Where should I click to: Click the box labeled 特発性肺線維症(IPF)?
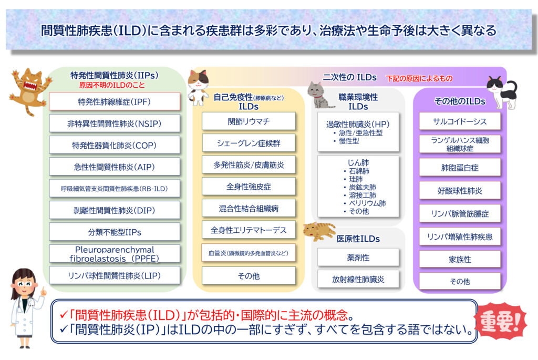[x=115, y=101]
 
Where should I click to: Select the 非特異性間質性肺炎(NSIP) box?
[x=115, y=124]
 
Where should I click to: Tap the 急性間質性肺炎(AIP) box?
[x=115, y=167]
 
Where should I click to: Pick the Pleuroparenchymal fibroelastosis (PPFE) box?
[x=115, y=254]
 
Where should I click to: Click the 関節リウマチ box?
[x=249, y=121]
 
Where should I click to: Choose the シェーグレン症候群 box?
[x=249, y=143]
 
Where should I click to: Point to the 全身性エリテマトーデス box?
[x=249, y=230]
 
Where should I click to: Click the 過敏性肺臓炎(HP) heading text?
[x=358, y=124]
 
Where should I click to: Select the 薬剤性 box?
[x=358, y=258]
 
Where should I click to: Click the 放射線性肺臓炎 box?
[x=358, y=280]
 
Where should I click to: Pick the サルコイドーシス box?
[x=460, y=121]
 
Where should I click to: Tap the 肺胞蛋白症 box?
[x=460, y=168]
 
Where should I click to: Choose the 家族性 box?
[x=460, y=260]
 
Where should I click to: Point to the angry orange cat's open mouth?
[x=30, y=86]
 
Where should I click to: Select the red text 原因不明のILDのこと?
[x=112, y=85]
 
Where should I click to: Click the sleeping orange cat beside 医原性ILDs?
[x=319, y=231]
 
